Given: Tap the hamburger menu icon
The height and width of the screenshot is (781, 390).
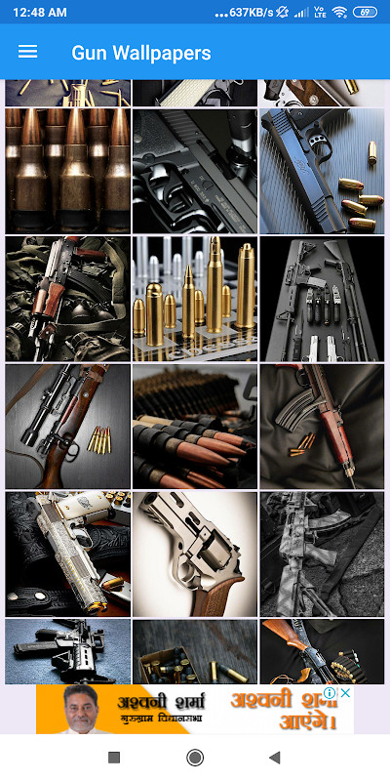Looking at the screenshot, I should pos(27,52).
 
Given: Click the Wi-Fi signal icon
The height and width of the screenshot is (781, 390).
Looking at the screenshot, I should pos(339,13).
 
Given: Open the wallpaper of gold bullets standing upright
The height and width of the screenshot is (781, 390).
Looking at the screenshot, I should pos(195,298).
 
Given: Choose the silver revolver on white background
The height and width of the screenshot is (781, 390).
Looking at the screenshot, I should pos(195,554).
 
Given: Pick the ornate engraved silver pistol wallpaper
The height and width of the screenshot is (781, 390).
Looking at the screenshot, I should pos(67,554).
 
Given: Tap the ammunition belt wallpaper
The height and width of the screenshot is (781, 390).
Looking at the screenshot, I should pos(195,427).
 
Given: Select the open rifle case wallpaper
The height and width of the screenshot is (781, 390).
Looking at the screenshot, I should pos(322,298).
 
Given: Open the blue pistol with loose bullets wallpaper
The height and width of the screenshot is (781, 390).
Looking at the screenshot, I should pos(322,171).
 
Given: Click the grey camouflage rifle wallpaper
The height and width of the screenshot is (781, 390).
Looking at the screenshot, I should pos(322,554).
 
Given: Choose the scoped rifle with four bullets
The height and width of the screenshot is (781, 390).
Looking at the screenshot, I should pos(67,427).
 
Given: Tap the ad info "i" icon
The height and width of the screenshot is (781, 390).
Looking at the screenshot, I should pos(331,693).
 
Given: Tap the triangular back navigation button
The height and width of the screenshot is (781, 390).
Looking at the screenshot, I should pos(275,758).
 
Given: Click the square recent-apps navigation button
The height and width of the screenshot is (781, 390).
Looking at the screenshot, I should pos(114,758).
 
